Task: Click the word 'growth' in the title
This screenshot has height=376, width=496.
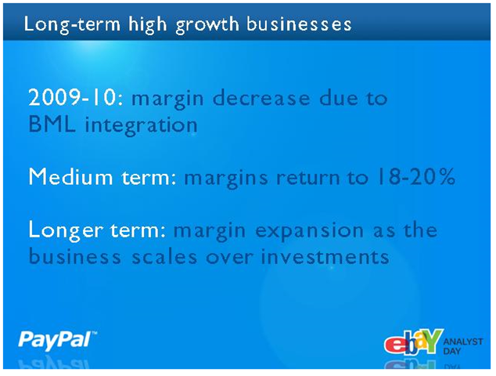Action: tap(207, 25)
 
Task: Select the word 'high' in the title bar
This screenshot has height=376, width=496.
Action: tap(147, 25)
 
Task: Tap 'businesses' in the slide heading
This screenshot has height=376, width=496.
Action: tap(299, 24)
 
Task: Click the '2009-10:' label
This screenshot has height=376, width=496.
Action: tap(76, 97)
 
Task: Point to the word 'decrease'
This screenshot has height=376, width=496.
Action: tap(261, 98)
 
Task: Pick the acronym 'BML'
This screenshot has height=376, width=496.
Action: tap(52, 125)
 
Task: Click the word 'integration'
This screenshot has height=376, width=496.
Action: tap(142, 125)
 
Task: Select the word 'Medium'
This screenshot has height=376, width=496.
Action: tap(70, 176)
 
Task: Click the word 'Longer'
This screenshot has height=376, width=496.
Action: tap(66, 230)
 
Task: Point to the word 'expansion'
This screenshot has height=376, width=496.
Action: tap(309, 231)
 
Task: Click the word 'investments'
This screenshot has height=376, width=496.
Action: tap(325, 257)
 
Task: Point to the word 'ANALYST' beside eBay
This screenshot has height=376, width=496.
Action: tap(463, 342)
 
